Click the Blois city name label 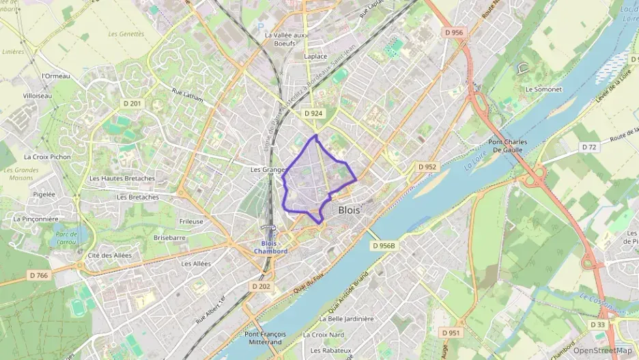pos(349,210)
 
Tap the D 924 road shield pos(313,113)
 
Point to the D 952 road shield pos(427,167)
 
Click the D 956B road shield pos(384,245)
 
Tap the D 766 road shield pos(39,275)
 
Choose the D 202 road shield pos(261,286)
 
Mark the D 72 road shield pos(589,147)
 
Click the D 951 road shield pos(450,333)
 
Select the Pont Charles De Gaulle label pos(507,146)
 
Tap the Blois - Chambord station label pos(270,247)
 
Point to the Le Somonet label pos(543,89)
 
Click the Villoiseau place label pos(38,96)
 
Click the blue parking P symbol pos(260,27)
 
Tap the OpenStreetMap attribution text pos(603,350)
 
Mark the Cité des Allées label pos(110,255)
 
